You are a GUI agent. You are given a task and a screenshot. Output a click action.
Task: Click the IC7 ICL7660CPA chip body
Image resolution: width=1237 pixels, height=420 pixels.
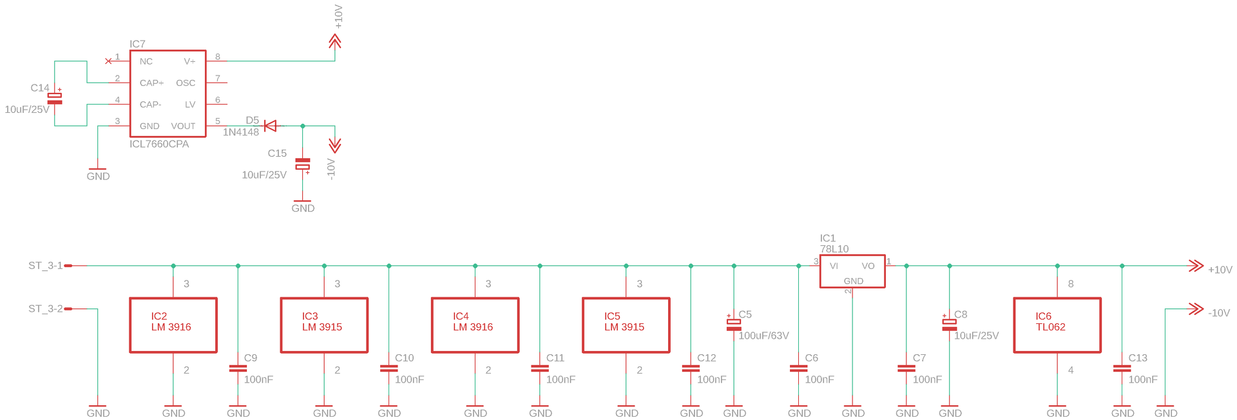pos(168,94)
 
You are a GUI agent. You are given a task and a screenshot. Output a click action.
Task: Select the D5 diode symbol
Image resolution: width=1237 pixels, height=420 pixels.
pos(271,126)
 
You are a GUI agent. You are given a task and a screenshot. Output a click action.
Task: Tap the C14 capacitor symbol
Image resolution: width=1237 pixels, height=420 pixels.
pos(55,98)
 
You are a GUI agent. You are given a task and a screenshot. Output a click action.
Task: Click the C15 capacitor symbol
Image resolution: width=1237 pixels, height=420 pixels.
pos(303,164)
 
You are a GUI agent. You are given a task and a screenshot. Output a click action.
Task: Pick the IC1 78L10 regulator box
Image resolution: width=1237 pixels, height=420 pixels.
pos(852,271)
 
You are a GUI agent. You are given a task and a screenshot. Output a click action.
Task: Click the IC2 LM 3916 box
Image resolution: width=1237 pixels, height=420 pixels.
pos(173,325)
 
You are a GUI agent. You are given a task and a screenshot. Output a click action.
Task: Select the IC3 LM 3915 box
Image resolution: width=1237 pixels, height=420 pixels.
pos(324,325)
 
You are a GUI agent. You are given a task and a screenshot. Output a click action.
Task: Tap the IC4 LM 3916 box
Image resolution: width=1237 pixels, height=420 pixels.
pos(475,325)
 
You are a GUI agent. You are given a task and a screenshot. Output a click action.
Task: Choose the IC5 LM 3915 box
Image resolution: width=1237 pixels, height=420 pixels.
pos(626,325)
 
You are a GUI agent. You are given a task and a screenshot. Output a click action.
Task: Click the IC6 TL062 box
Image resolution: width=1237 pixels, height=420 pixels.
pos(1057,325)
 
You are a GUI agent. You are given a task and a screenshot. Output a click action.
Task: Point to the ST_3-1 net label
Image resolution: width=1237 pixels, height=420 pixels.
pos(45,266)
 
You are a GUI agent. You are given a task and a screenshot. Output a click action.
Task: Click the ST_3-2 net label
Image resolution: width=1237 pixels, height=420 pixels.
pos(45,309)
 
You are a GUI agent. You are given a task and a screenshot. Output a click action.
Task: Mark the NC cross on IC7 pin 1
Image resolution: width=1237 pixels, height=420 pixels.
pos(108,61)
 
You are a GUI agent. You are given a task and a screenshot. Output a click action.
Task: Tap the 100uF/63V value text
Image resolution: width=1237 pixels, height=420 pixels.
pos(763,335)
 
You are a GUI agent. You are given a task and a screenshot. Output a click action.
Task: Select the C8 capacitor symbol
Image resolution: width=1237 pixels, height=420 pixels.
pos(949,325)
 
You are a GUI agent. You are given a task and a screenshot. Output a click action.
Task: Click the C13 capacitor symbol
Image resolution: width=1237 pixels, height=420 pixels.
pos(1122,368)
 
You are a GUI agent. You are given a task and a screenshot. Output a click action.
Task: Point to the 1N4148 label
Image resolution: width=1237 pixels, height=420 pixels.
pos(241,132)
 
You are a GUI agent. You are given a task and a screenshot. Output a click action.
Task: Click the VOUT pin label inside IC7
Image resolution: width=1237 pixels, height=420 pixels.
pos(183,126)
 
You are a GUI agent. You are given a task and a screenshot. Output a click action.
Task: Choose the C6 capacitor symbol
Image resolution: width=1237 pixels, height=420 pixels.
pos(798,368)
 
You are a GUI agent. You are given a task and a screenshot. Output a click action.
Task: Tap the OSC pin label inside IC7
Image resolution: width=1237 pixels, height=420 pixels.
pos(186,83)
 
